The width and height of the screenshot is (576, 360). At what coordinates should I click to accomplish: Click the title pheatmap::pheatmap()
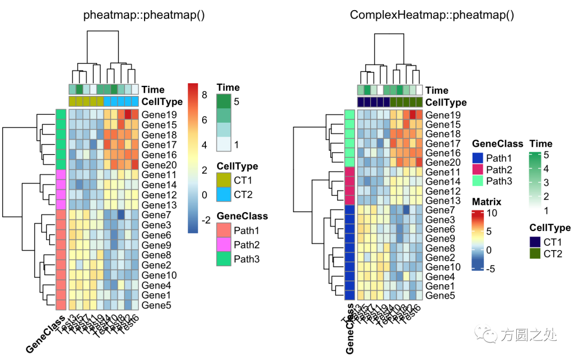(144, 15)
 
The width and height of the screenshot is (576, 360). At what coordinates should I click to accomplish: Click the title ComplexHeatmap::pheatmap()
(431, 15)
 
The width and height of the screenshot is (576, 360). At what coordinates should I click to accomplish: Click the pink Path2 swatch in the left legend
(223, 245)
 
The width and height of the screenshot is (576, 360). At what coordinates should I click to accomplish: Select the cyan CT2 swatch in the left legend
(223, 194)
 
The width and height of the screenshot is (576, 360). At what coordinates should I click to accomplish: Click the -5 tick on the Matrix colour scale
(491, 268)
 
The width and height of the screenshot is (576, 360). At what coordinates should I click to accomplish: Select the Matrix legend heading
(486, 202)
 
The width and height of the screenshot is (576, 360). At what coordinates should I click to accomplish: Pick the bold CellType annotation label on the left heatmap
(162, 102)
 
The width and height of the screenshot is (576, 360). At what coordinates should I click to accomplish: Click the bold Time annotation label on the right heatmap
(437, 90)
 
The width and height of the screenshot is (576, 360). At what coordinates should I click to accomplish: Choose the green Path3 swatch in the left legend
(223, 259)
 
